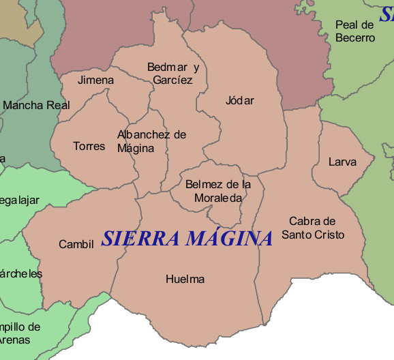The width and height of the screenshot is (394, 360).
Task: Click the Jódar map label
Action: pyautogui.click(x=239, y=101)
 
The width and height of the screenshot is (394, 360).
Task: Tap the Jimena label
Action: pyautogui.click(x=95, y=80)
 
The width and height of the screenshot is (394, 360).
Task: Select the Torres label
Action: pyautogui.click(x=89, y=146)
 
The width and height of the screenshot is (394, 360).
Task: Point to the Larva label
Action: pyautogui.click(x=342, y=162)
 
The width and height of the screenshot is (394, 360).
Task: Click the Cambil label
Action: pyautogui.click(x=76, y=244)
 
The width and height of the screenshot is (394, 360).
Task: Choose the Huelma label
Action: pyautogui.click(x=185, y=279)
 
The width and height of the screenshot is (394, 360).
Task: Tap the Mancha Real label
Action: pyautogui.click(x=37, y=106)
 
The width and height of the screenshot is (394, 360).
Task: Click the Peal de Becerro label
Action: pyautogui.click(x=355, y=31)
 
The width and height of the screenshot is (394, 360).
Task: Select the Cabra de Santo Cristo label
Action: pyautogui.click(x=313, y=228)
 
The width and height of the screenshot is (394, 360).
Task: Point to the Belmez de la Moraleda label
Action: pyautogui.click(x=218, y=191)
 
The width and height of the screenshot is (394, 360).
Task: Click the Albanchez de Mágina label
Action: pyautogui.click(x=151, y=141)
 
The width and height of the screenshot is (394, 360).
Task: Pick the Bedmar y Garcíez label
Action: pyautogui.click(x=173, y=74)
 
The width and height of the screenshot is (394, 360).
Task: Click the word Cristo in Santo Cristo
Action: pyautogui.click(x=330, y=235)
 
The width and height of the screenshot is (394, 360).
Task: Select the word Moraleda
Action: pyautogui.click(x=218, y=198)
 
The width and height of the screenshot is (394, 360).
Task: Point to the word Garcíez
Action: pyautogui.click(x=173, y=80)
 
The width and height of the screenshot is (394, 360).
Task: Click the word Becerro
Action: pyautogui.click(x=355, y=38)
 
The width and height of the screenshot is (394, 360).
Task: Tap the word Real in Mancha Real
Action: pyautogui.click(x=57, y=106)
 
